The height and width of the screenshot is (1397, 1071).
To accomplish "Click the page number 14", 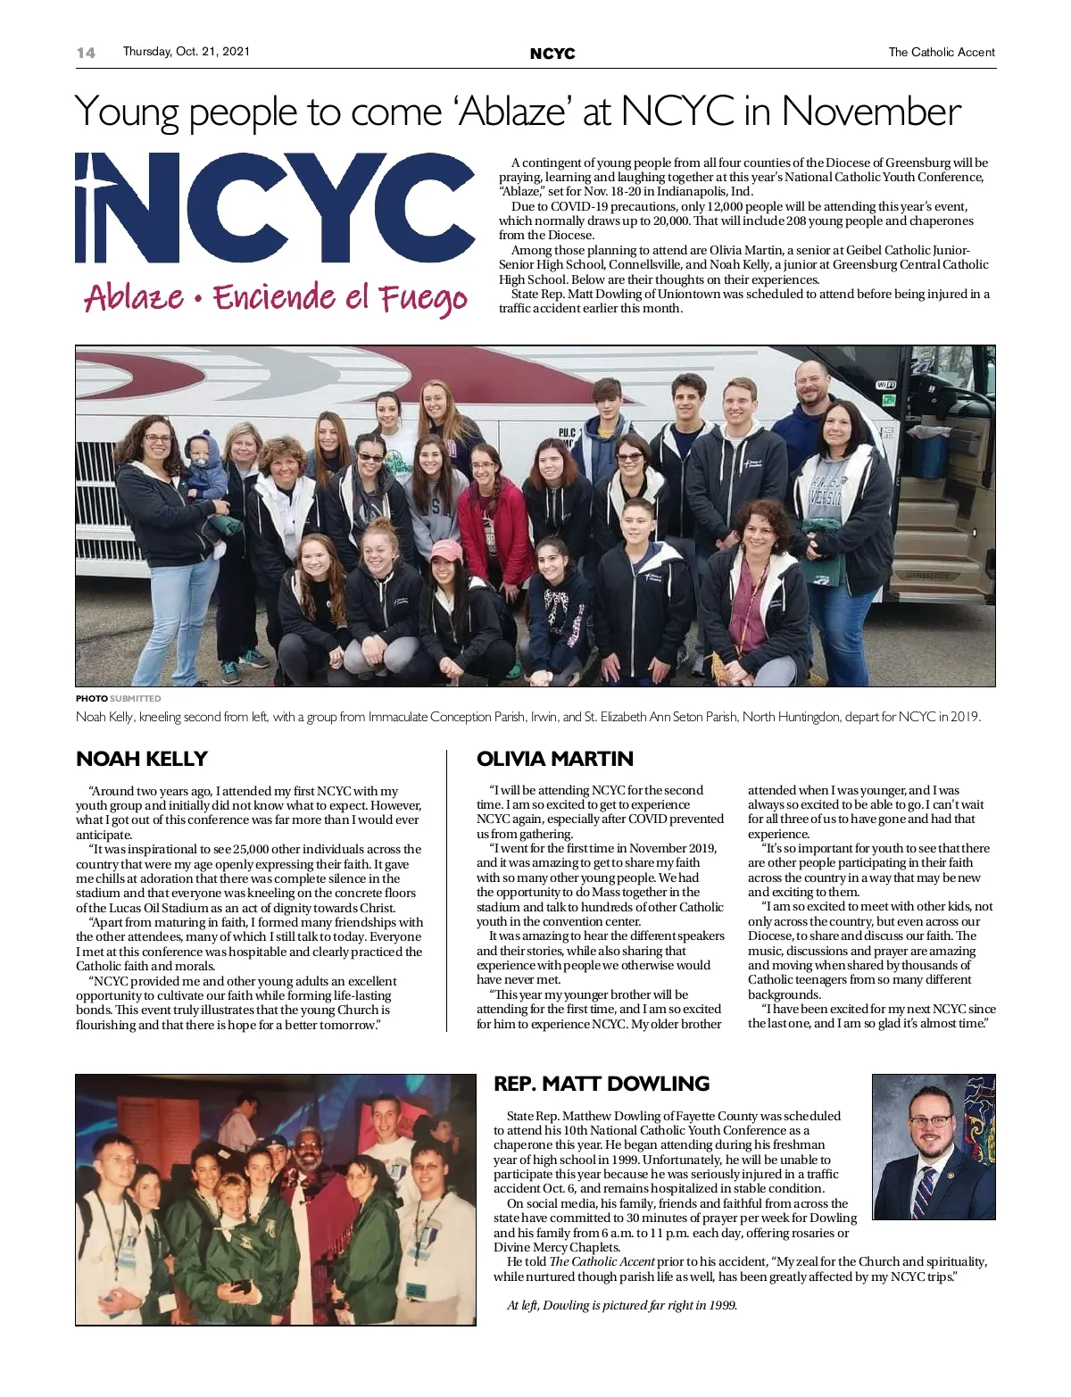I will (x=86, y=53).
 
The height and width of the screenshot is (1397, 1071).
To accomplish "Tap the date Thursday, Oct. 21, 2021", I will (x=186, y=52).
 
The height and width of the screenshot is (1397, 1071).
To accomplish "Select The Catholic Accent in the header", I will (x=941, y=53).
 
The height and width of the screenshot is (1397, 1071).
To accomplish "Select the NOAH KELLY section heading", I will (x=141, y=759).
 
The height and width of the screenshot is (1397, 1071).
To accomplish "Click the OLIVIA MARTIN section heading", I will (x=554, y=759).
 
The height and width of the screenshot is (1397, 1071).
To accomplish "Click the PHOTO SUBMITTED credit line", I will (x=118, y=698).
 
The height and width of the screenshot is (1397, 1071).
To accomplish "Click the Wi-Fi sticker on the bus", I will (x=885, y=385).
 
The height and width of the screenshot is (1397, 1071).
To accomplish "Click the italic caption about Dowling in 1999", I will (x=621, y=1305).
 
